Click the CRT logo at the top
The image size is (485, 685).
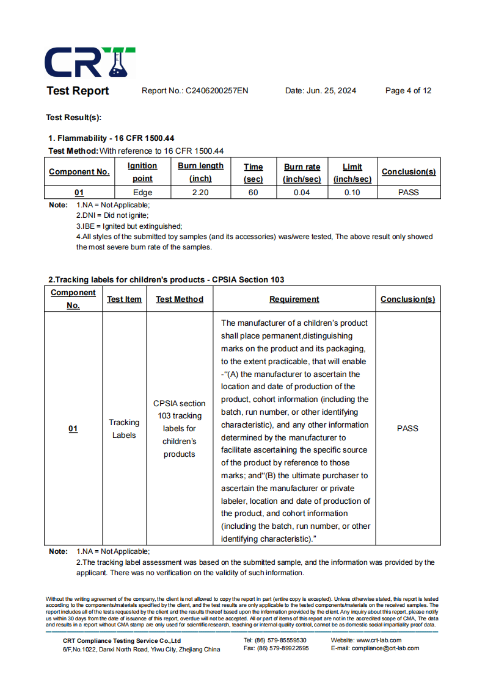[90, 62]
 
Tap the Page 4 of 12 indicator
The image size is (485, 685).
[408, 91]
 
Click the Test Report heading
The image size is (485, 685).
[78, 91]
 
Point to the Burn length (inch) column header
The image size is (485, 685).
[200, 172]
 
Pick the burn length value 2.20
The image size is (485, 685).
[200, 193]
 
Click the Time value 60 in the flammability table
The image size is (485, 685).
[253, 193]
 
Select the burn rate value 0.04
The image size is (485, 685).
[302, 193]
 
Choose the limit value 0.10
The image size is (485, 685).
[352, 193]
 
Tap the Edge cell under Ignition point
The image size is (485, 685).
[142, 193]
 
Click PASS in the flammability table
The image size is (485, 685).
[408, 193]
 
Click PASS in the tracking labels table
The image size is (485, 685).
[407, 429]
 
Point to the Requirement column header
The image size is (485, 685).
[294, 299]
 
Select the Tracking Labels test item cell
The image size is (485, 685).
[124, 429]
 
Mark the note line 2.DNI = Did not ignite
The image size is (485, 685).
[112, 215]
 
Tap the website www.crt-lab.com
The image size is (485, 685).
[378, 640]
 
